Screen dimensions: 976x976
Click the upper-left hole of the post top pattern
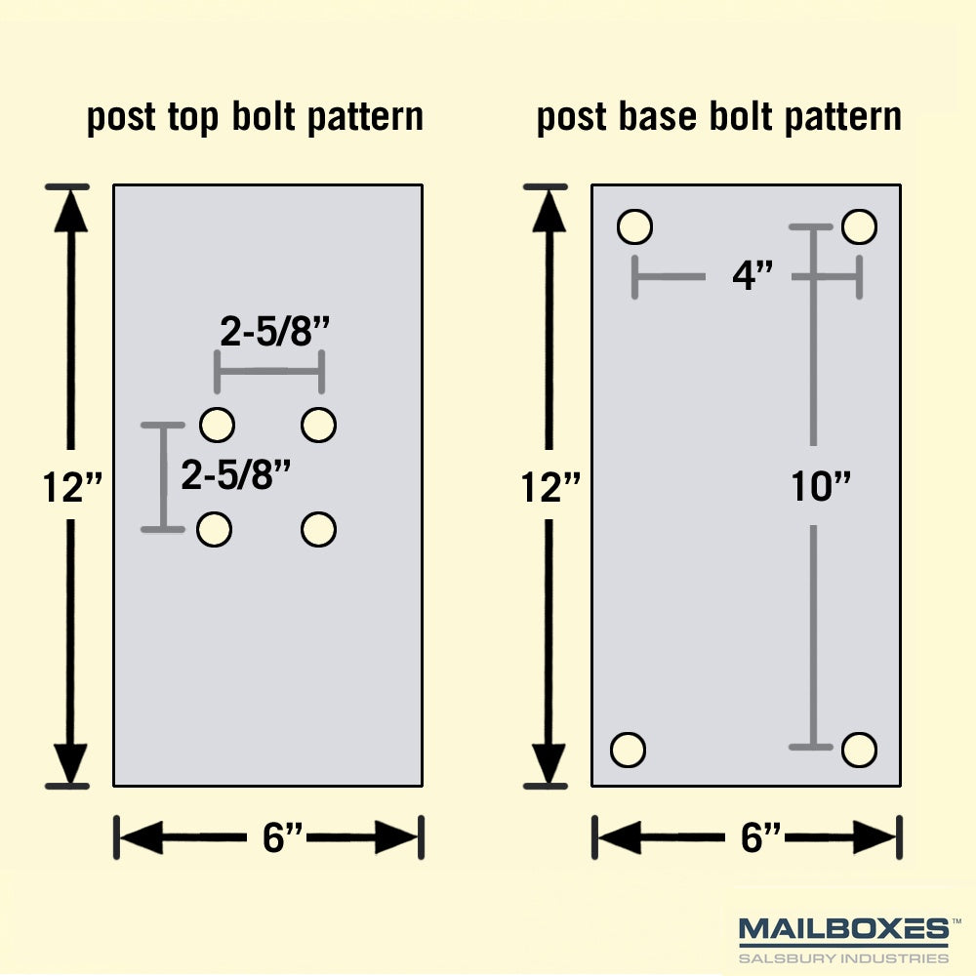(x=218, y=426)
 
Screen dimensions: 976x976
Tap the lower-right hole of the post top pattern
(x=319, y=530)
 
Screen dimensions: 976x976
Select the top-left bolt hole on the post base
(x=635, y=226)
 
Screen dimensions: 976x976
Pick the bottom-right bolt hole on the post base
(x=860, y=750)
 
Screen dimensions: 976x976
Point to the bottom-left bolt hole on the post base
(x=628, y=750)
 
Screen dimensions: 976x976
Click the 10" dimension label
(x=821, y=486)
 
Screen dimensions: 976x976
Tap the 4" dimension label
(x=752, y=275)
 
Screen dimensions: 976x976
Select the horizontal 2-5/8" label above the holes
(x=274, y=331)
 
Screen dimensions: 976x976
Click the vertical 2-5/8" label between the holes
(x=236, y=474)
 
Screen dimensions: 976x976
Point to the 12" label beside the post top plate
(x=72, y=487)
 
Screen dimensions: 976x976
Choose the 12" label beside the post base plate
(x=550, y=487)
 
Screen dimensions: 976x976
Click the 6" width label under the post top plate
(x=283, y=837)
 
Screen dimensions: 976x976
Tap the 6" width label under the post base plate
(x=760, y=837)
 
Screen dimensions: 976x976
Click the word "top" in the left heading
(x=193, y=118)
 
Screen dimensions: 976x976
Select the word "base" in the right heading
(x=657, y=116)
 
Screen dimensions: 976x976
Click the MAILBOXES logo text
(x=843, y=929)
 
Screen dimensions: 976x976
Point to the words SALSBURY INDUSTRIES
(x=843, y=958)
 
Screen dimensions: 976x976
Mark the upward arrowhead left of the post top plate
(x=70, y=211)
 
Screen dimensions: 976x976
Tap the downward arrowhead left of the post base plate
(x=549, y=763)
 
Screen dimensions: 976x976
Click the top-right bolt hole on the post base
(x=860, y=226)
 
